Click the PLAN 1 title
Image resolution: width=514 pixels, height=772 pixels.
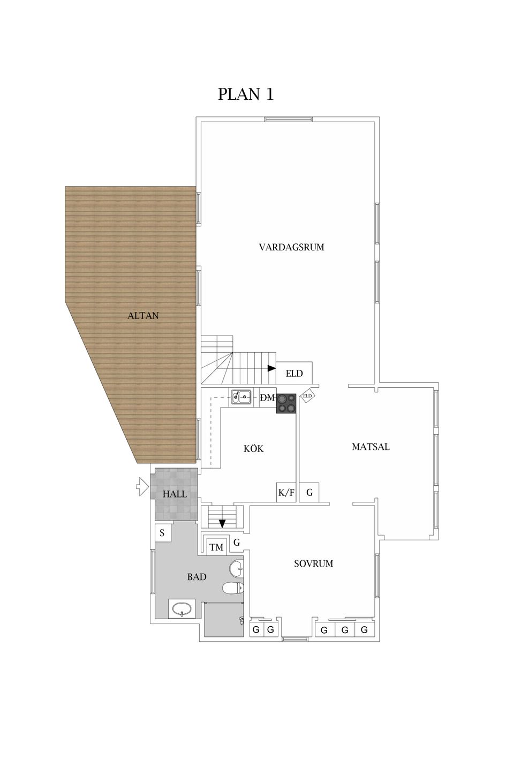tap(245, 94)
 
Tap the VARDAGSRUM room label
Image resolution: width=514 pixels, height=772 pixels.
tap(292, 247)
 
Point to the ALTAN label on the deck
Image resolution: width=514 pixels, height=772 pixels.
tap(143, 315)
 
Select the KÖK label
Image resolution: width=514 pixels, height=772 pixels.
tap(254, 448)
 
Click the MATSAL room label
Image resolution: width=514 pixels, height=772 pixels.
tap(371, 447)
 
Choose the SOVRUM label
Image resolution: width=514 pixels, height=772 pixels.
tap(314, 563)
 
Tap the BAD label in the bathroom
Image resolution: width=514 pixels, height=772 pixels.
tap(197, 577)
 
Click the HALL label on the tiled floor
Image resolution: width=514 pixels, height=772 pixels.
tap(175, 494)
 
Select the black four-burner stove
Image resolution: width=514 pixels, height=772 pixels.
tap(286, 403)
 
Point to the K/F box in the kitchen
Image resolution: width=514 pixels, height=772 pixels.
tap(286, 492)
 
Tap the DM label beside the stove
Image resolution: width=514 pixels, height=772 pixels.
tap(268, 398)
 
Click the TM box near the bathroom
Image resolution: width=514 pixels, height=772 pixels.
tap(216, 547)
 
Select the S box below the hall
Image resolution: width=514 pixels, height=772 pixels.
tap(162, 533)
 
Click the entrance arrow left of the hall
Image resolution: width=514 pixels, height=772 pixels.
tap(142, 487)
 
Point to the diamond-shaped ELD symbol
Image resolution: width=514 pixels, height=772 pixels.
tap(307, 396)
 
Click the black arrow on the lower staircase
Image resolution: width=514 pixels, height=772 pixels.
tap(222, 523)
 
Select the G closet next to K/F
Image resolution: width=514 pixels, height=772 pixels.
tap(309, 492)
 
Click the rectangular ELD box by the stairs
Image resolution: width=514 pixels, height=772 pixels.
tap(294, 373)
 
